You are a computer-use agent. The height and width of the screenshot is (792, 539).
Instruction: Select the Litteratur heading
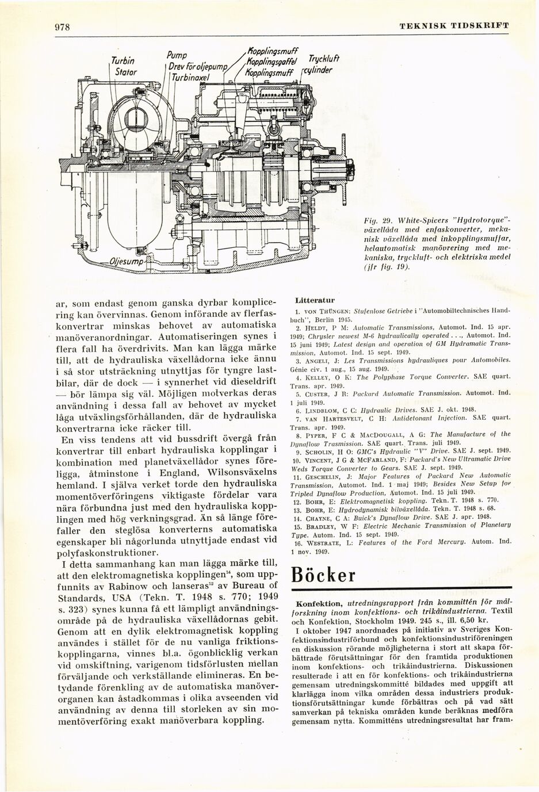311,300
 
